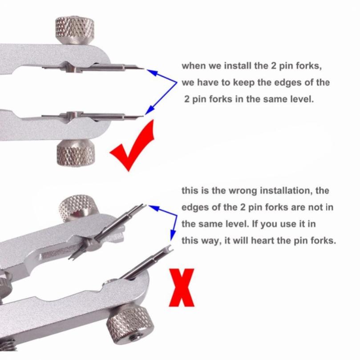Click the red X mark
point(182,287)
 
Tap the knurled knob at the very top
point(75,30)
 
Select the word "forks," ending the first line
point(308,66)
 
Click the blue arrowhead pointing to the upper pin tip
point(151,73)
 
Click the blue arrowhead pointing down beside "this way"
point(173,235)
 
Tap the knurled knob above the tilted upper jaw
point(77,207)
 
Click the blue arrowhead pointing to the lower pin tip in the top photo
point(150,110)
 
